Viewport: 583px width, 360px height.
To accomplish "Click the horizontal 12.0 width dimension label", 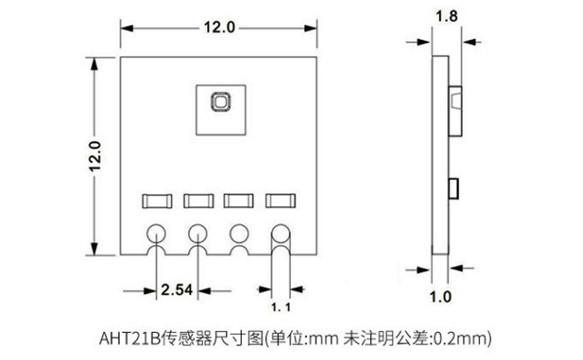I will [219, 28].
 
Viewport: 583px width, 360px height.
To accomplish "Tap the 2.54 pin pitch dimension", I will [176, 290].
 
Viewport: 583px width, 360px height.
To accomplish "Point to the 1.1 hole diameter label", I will [281, 308].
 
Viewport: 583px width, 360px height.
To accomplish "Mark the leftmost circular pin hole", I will [156, 233].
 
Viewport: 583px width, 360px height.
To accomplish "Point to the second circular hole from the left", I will [197, 233].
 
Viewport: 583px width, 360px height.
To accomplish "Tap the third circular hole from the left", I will [238, 233].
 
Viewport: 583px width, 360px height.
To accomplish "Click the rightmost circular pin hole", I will [281, 233].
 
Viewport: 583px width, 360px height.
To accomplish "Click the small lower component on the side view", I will [453, 187].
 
